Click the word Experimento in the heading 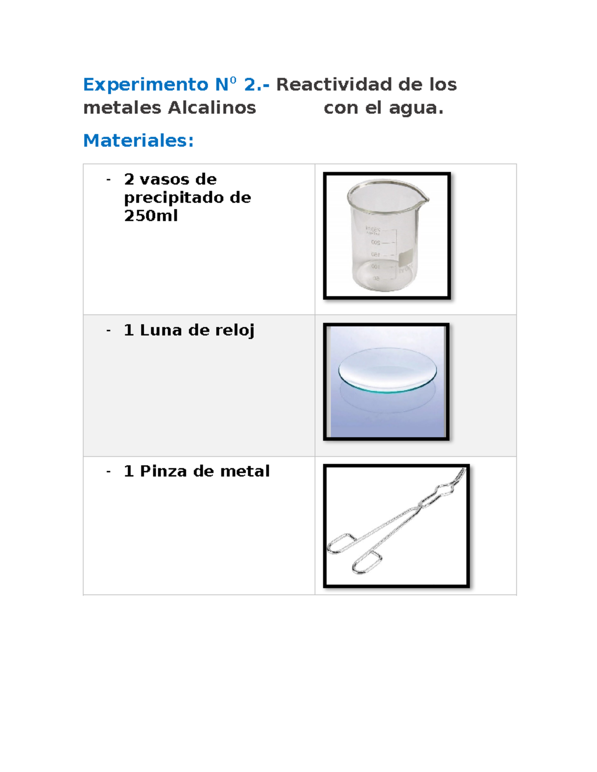tap(145, 85)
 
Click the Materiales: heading tap(138, 141)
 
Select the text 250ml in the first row tap(151, 216)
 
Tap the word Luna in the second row tap(161, 330)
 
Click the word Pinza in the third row tap(163, 471)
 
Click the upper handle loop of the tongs tap(341, 544)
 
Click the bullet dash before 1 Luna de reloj tap(108, 331)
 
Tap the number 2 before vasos tap(129, 179)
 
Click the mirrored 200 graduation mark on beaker tap(376, 243)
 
